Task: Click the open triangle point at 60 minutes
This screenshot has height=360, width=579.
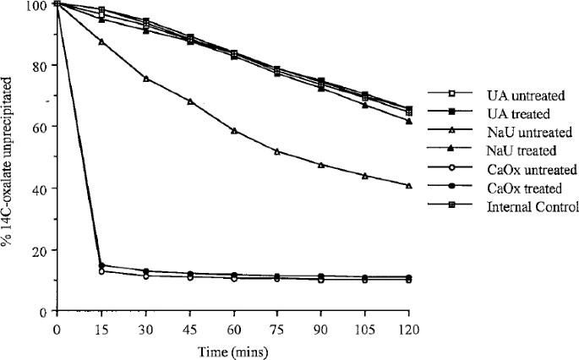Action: [233, 131]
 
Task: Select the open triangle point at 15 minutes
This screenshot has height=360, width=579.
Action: [101, 41]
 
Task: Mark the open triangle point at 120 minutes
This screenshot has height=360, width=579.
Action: [409, 185]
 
